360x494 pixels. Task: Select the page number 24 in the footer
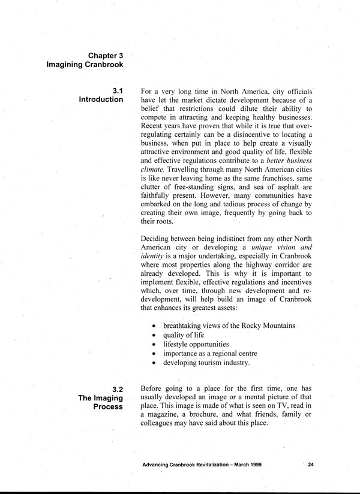click(311, 465)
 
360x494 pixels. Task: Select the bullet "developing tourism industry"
click(206, 363)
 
